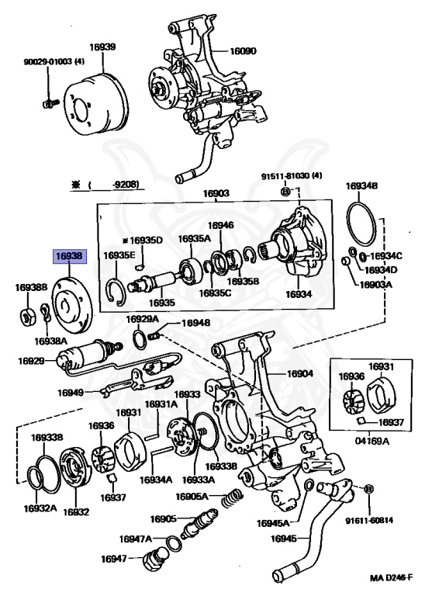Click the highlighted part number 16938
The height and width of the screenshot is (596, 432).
click(x=69, y=256)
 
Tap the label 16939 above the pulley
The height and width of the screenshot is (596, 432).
click(x=102, y=47)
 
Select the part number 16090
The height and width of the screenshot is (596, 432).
click(x=244, y=51)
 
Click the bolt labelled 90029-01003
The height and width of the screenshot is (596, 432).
click(x=49, y=102)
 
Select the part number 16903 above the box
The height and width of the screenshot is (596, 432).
click(x=216, y=193)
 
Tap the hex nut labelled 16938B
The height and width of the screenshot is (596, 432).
click(x=27, y=317)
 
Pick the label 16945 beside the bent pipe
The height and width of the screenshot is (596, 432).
click(x=284, y=539)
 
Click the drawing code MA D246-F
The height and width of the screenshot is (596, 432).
click(x=391, y=578)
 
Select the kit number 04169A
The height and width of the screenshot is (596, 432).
click(x=372, y=441)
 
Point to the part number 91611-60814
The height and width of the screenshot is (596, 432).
click(x=369, y=521)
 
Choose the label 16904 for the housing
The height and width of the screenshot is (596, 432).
click(x=300, y=373)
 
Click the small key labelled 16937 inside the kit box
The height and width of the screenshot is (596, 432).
click(x=362, y=420)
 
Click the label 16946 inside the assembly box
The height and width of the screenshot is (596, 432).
click(x=221, y=226)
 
